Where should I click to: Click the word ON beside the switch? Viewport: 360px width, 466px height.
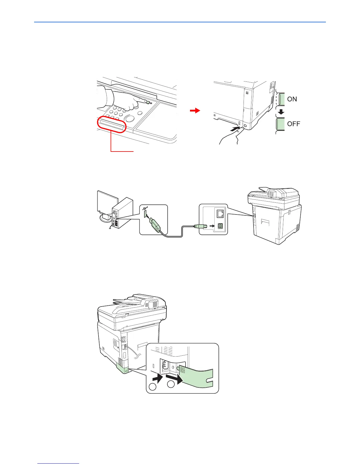tap(292, 99)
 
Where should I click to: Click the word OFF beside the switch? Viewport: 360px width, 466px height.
tap(294, 124)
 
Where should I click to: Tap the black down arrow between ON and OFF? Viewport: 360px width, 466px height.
tap(281, 112)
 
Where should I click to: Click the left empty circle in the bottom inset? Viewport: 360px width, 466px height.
tap(152, 387)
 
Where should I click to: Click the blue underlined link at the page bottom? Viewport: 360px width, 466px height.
tap(59, 463)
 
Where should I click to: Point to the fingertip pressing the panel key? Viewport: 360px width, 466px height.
tap(146, 102)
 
